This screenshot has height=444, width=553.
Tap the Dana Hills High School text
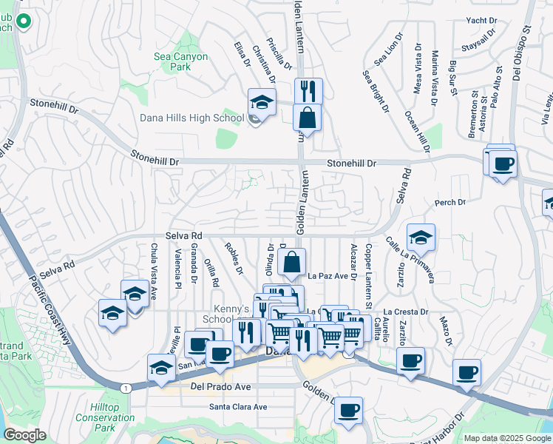pos(191,118)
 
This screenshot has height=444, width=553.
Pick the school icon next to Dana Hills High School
pos(261,101)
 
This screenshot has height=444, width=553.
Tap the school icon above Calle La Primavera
pos(420,237)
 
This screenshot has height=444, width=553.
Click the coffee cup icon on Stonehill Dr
pos(503,163)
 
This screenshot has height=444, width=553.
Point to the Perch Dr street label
pos(450,202)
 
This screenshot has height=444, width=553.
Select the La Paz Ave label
pos(328,276)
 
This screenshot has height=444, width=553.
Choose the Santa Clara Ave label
pos(237,407)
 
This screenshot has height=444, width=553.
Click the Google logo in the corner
pos(24,435)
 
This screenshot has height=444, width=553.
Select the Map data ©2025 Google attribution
pos(506,438)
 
